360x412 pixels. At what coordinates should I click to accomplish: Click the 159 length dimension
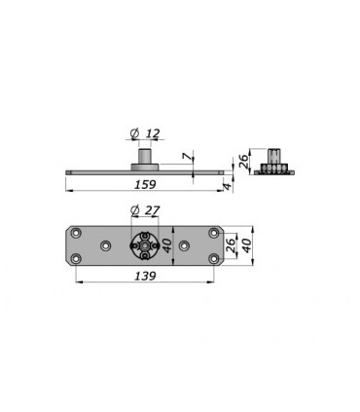tap(145, 184)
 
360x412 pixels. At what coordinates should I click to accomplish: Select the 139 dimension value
tap(145, 276)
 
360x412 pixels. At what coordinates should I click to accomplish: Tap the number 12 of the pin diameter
tap(153, 133)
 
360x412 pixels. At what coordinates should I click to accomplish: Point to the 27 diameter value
tap(152, 210)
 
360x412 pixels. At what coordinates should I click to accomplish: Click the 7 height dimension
tap(186, 157)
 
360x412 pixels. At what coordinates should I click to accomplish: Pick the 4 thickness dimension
tap(228, 186)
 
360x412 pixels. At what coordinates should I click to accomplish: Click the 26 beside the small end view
tap(243, 161)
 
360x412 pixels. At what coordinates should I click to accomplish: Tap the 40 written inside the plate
tap(166, 245)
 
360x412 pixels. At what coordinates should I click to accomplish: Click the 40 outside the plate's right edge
tap(246, 245)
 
